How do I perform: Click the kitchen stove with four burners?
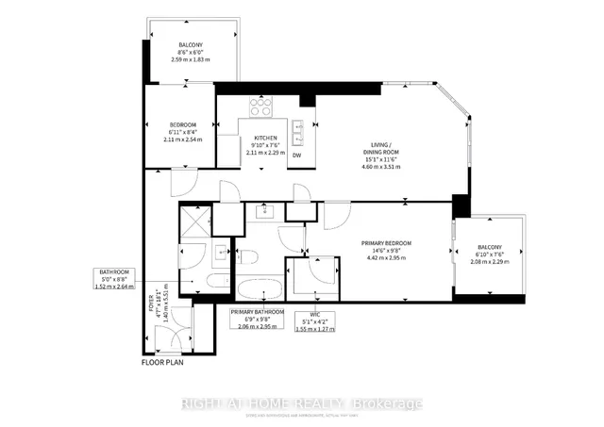click(260, 107)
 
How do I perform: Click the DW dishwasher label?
click(297, 156)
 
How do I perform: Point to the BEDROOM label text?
click(182, 125)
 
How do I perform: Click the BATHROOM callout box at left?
click(114, 279)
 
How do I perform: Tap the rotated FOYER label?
click(150, 309)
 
